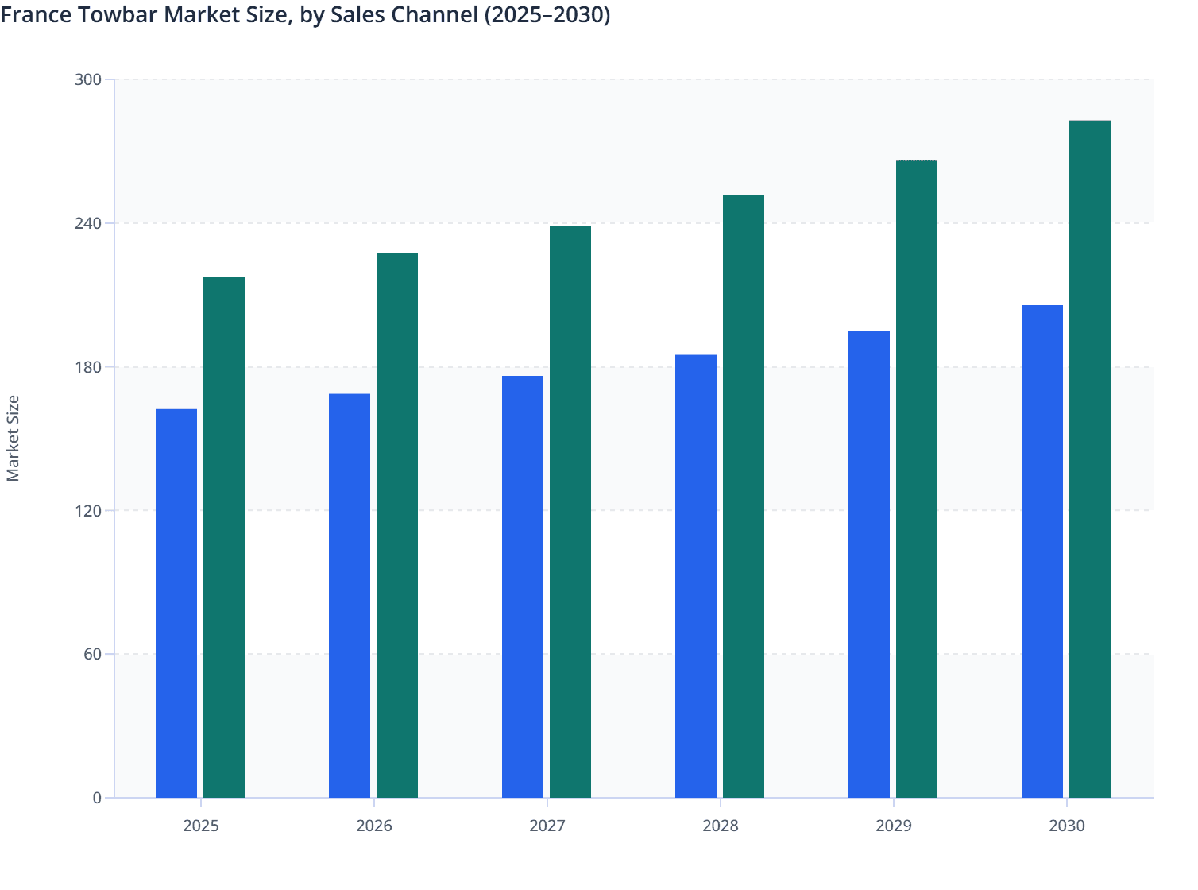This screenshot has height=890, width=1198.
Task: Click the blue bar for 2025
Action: pyautogui.click(x=176, y=603)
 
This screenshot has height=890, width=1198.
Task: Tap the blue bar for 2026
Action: pyautogui.click(x=350, y=596)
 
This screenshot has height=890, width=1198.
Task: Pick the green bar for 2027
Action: pyautogui.click(x=570, y=512)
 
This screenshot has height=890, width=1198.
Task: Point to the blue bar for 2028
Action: pyautogui.click(x=696, y=576)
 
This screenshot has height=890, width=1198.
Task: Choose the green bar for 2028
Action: pyautogui.click(x=744, y=496)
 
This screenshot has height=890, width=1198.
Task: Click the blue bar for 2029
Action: pyautogui.click(x=869, y=564)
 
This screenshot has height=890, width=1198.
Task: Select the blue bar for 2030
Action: pyautogui.click(x=1042, y=551)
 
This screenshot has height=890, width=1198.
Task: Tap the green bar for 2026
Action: pyautogui.click(x=397, y=525)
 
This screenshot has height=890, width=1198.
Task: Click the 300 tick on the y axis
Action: pyautogui.click(x=88, y=79)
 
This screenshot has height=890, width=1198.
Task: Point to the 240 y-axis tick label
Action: pyautogui.click(x=88, y=223)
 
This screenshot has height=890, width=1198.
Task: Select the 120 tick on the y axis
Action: pyautogui.click(x=88, y=510)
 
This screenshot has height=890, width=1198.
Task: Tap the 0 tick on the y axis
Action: pyautogui.click(x=97, y=798)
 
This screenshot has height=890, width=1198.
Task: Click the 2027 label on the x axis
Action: pyautogui.click(x=547, y=826)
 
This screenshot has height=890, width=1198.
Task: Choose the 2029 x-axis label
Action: pyautogui.click(x=894, y=826)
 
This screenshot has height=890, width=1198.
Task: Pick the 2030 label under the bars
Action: pyautogui.click(x=1067, y=826)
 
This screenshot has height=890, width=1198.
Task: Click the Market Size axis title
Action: pyautogui.click(x=13, y=439)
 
